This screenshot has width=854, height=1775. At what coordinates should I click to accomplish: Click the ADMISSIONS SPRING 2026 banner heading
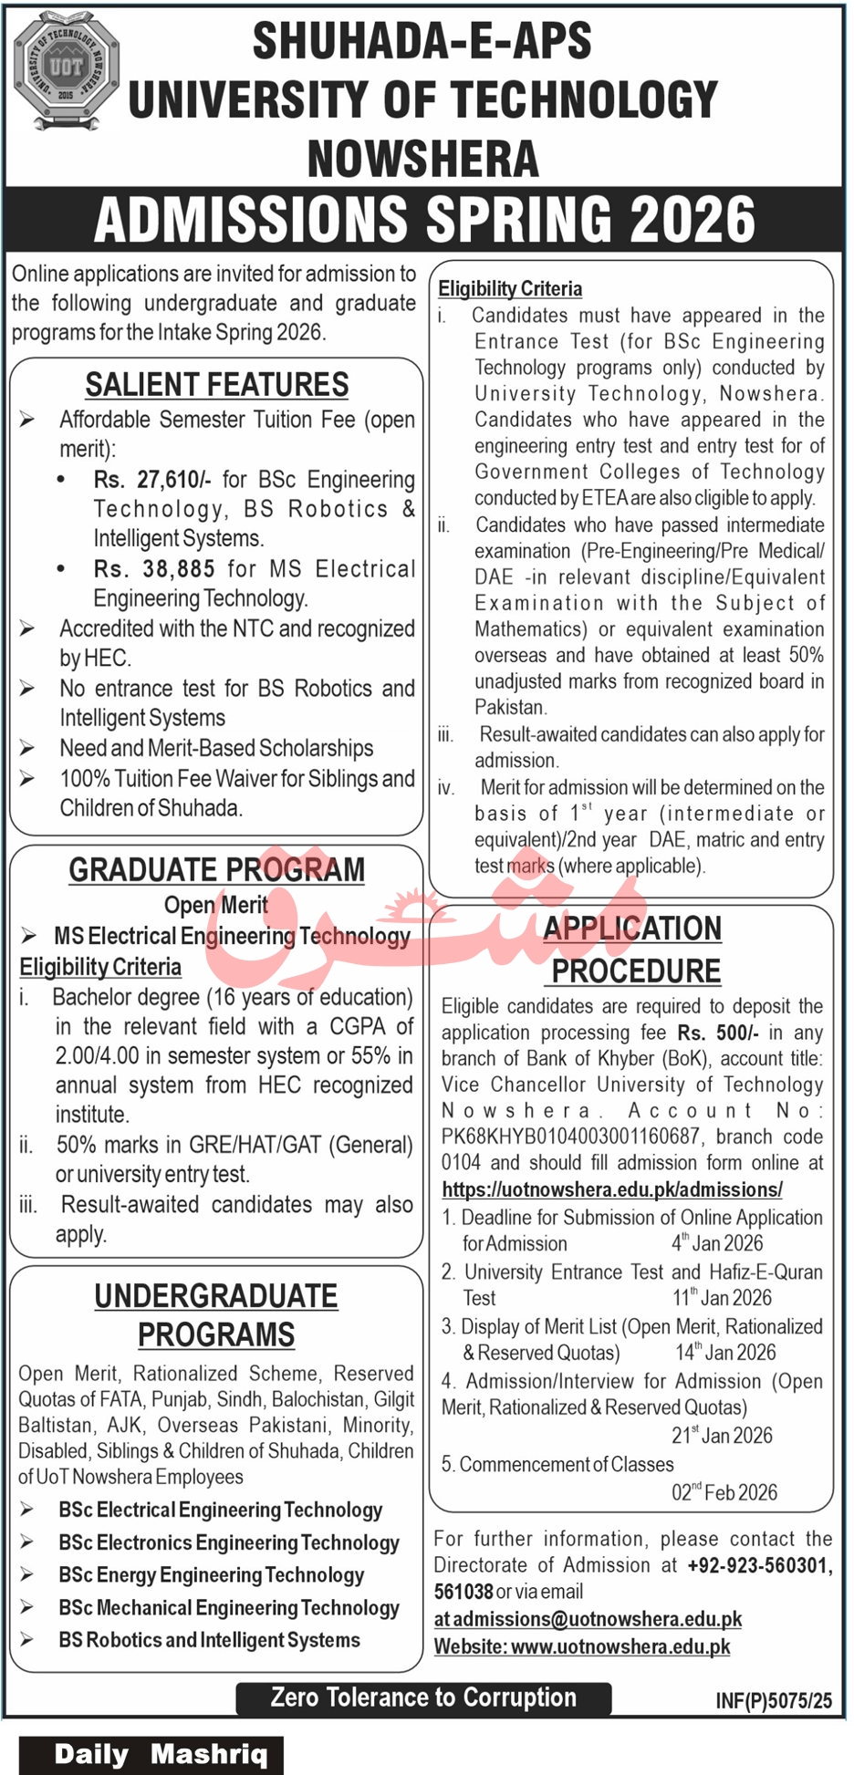pyautogui.click(x=424, y=220)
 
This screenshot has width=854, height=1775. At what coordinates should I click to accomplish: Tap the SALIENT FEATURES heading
pyautogui.click(x=217, y=385)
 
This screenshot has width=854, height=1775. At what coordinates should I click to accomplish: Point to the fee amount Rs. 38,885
pyautogui.click(x=154, y=569)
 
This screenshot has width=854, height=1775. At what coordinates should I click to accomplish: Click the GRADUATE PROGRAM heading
pyautogui.click(x=217, y=870)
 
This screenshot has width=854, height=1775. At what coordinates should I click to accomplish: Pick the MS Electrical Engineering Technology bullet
pyautogui.click(x=232, y=936)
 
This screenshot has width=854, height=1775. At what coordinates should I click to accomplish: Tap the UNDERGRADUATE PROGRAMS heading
pyautogui.click(x=216, y=1315)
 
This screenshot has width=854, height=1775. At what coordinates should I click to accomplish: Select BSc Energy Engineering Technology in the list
pyautogui.click(x=211, y=1575)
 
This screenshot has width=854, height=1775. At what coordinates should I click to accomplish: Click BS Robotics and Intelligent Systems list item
pyautogui.click(x=209, y=1640)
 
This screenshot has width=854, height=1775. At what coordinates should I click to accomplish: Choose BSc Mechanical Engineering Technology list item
pyautogui.click(x=229, y=1608)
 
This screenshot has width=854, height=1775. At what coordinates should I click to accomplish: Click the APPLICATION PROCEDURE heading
pyautogui.click(x=634, y=950)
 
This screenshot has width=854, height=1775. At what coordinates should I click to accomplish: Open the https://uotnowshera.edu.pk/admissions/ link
pyautogui.click(x=612, y=1189)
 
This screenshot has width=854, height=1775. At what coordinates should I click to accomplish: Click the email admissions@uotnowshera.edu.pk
pyautogui.click(x=598, y=1619)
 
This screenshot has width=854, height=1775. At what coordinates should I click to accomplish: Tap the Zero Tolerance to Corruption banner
pyautogui.click(x=423, y=1697)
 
